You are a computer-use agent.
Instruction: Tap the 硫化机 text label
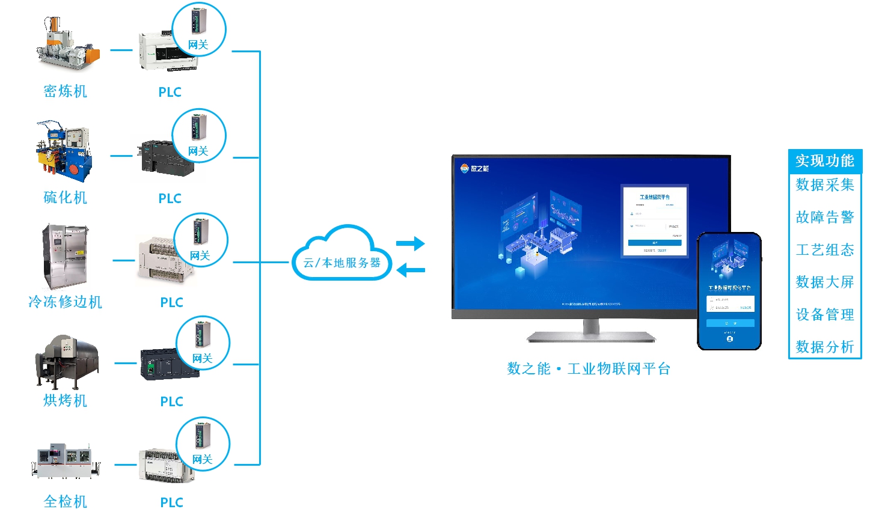[66, 198]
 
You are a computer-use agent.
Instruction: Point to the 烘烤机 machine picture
[66, 361]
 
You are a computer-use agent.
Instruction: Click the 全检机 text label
[66, 501]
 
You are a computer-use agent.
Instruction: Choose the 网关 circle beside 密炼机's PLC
[199, 29]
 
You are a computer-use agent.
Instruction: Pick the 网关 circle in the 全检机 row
[203, 444]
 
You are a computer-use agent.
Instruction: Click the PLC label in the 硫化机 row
[170, 198]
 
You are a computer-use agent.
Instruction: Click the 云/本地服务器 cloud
[341, 255]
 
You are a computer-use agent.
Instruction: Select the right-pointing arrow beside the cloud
[411, 243]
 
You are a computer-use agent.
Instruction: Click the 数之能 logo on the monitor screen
[474, 168]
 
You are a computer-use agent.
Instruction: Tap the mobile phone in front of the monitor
[729, 291]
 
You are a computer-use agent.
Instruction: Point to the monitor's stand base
[591, 337]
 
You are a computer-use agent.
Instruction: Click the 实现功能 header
[825, 161]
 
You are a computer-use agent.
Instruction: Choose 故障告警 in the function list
[825, 217]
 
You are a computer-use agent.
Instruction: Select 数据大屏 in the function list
[825, 282]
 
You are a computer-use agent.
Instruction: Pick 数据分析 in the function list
[825, 347]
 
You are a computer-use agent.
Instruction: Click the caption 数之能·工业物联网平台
[589, 369]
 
